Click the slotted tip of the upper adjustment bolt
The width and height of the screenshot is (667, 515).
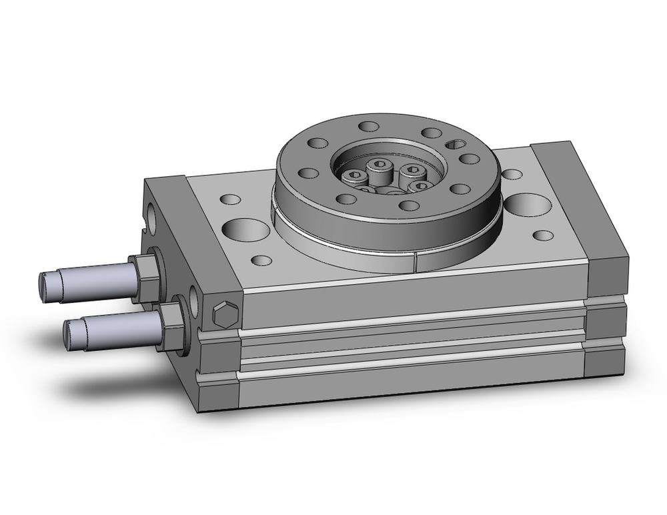coord(45,284)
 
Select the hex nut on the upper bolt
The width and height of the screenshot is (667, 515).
coord(147,277)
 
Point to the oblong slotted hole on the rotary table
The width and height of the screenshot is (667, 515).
coord(457,143)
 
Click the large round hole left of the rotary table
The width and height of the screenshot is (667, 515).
coord(246,229)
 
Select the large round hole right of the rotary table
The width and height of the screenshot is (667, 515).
coord(528,205)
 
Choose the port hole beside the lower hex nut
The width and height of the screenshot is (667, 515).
coord(193,301)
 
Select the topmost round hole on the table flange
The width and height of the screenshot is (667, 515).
coord(368,125)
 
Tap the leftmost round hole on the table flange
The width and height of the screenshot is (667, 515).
coord(307,173)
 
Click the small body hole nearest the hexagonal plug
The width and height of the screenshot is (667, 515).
coord(263,260)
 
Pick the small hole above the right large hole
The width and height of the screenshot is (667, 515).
coord(512,174)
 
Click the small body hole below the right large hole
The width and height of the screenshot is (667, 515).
coord(544,235)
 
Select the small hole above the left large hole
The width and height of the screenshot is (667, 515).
coord(231,199)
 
